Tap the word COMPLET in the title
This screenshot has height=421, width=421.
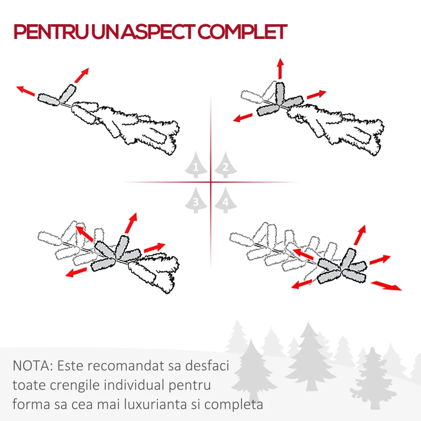[x=243, y=32]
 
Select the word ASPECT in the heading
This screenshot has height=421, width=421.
[x=159, y=32]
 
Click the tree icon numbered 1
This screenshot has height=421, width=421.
[x=196, y=165]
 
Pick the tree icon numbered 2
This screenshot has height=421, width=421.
[x=226, y=165]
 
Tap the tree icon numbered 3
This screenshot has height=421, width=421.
[x=196, y=200]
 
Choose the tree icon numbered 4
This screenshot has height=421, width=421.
[x=226, y=200]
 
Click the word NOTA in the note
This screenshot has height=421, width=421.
[x=33, y=366]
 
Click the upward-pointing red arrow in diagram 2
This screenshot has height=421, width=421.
[x=280, y=68]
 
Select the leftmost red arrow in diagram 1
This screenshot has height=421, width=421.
[x=25, y=91]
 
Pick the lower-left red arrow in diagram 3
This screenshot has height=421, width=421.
[x=76, y=272]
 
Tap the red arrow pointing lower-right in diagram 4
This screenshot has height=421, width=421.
[x=386, y=285]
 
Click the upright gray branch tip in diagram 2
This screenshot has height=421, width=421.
[x=280, y=93]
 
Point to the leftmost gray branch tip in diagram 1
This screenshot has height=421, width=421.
[x=48, y=99]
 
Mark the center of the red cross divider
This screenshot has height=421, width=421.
[x=211, y=182]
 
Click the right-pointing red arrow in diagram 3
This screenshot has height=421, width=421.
[x=155, y=247]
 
